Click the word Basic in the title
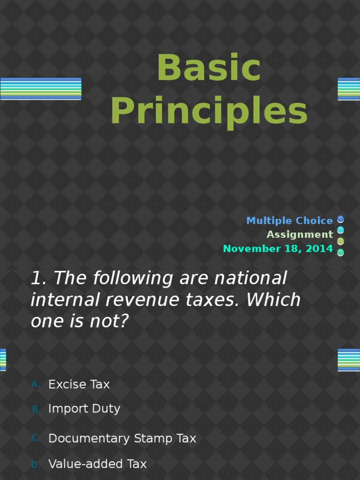pyautogui.click(x=209, y=67)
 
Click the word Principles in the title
pyautogui.click(x=209, y=111)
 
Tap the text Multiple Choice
pyautogui.click(x=289, y=221)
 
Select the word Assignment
pyautogui.click(x=300, y=234)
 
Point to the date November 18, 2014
pyautogui.click(x=278, y=248)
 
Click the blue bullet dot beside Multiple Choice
pyautogui.click(x=340, y=219)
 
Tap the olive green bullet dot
pyautogui.click(x=340, y=241)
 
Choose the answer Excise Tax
pyautogui.click(x=79, y=384)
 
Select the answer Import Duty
pyautogui.click(x=84, y=409)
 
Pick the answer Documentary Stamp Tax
pyautogui.click(x=122, y=438)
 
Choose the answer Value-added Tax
pyautogui.click(x=97, y=464)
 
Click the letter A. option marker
pyautogui.click(x=36, y=384)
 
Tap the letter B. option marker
pyautogui.click(x=36, y=409)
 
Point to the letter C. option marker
pyautogui.click(x=36, y=438)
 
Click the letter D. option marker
pyautogui.click(x=36, y=465)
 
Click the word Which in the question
pyautogui.click(x=273, y=300)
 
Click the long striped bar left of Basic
pyautogui.click(x=41, y=89)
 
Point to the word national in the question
pyautogui.click(x=250, y=278)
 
